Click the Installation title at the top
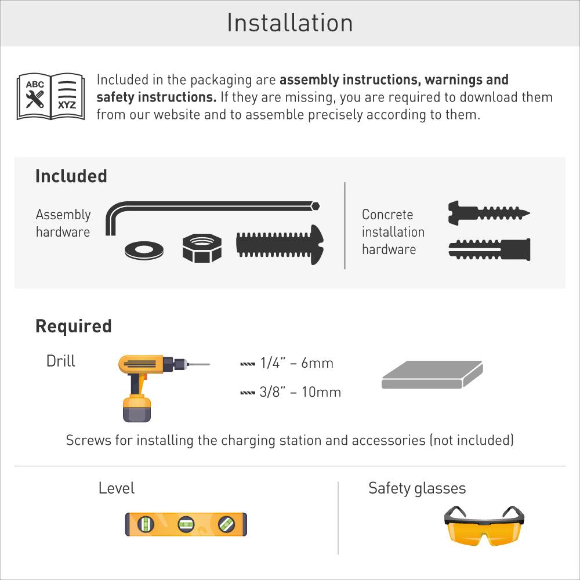pyautogui.click(x=289, y=23)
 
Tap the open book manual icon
pyautogui.click(x=50, y=96)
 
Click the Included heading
pyautogui.click(x=71, y=176)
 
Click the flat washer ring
pyautogui.click(x=144, y=251)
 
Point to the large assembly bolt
pyautogui.click(x=280, y=244)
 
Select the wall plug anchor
pyautogui.click(x=490, y=249)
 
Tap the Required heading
pyautogui.click(x=73, y=326)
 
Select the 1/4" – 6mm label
pyautogui.click(x=296, y=364)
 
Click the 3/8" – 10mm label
pyautogui.click(x=300, y=392)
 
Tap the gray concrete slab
pyautogui.click(x=432, y=375)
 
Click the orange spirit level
pyautogui.click(x=186, y=524)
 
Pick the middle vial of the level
pyautogui.click(x=186, y=524)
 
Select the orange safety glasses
pyautogui.click(x=484, y=524)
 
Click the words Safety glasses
pyautogui.click(x=416, y=488)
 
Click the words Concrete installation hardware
pyautogui.click(x=393, y=232)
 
